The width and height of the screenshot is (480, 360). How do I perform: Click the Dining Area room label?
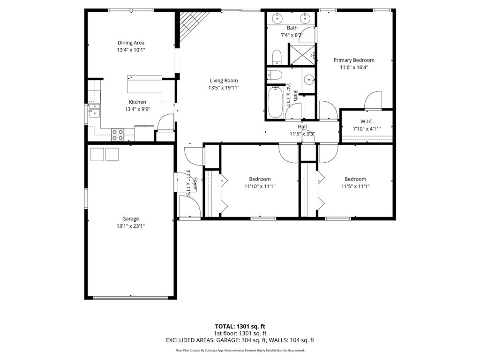(x=131, y=43)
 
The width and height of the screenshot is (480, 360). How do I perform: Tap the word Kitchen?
(x=137, y=102)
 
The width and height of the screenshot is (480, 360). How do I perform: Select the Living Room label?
(x=224, y=81)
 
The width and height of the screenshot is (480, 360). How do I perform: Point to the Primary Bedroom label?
(x=354, y=60)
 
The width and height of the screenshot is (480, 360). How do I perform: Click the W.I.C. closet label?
(x=367, y=121)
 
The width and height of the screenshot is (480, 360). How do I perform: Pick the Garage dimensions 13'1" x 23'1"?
(x=131, y=226)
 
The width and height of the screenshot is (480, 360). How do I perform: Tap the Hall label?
(x=302, y=127)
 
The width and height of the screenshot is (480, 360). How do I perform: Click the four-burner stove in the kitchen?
(x=118, y=135)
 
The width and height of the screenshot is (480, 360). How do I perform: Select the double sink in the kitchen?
(x=94, y=111)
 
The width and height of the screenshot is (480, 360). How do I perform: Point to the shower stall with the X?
(x=302, y=54)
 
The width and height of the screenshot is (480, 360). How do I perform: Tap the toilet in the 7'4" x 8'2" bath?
(x=277, y=57)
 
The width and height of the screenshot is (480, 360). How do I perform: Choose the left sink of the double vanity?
(x=277, y=19)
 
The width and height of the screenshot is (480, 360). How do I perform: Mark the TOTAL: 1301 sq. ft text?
(x=240, y=326)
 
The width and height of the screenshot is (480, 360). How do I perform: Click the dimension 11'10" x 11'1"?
(x=260, y=186)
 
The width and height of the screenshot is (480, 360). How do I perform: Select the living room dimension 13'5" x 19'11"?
(x=224, y=88)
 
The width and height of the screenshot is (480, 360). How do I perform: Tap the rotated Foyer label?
(x=195, y=184)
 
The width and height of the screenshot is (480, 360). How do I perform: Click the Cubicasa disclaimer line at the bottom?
(x=240, y=350)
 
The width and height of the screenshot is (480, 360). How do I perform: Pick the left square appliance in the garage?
(x=97, y=154)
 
